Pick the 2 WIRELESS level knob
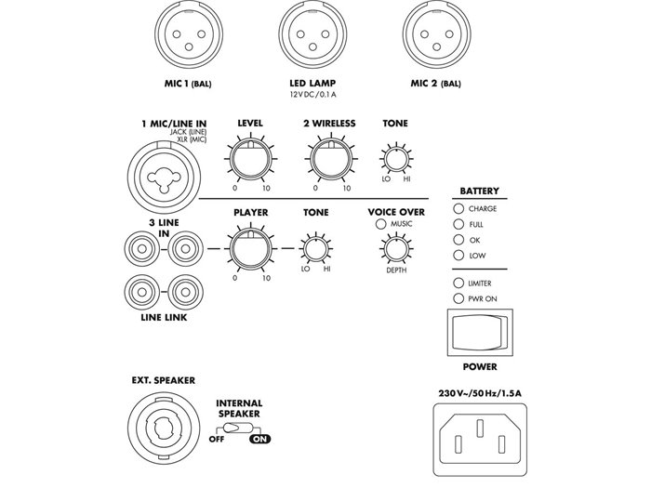point(328,159)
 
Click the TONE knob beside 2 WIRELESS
point(395,159)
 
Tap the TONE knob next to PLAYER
point(315,248)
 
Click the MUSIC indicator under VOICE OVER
point(379,224)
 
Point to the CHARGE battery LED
point(458,209)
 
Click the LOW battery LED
point(458,254)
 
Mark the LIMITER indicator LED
point(458,283)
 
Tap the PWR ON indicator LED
point(458,298)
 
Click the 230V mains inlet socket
point(480,431)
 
